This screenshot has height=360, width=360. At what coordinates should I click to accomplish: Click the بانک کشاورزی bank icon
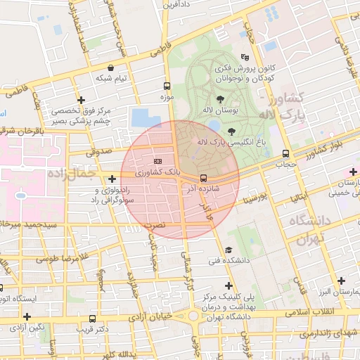157,161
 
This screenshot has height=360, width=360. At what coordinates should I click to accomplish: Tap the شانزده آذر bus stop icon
203,178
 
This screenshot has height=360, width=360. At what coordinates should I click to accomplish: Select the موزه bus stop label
167,97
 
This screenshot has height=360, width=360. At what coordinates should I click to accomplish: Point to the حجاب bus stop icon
285,153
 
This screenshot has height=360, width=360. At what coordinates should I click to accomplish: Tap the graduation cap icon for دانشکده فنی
228,250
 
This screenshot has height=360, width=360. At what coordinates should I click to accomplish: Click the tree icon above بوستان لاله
221,99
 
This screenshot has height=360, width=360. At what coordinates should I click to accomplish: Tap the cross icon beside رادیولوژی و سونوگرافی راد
112,179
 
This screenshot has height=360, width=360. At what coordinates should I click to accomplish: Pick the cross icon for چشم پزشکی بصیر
82,100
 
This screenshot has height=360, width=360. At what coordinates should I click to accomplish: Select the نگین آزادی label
31,327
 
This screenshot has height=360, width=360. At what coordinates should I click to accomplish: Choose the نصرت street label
154,225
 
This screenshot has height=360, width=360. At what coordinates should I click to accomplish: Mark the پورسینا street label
253,195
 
